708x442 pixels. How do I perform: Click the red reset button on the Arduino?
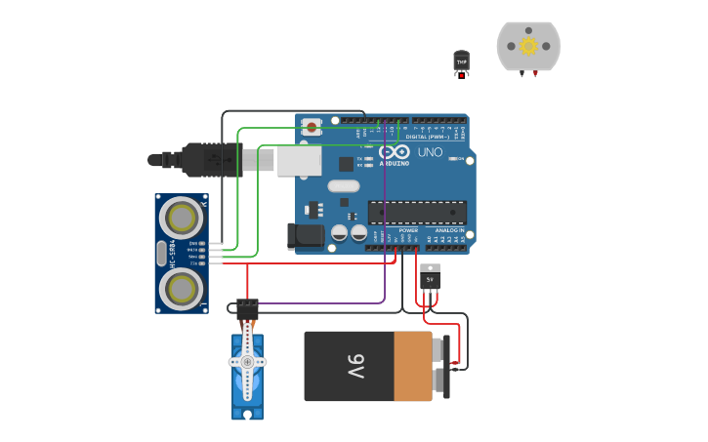(312, 126)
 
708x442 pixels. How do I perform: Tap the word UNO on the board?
(430, 152)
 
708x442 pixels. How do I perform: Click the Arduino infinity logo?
(395, 152)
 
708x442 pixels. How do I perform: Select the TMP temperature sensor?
(461, 61)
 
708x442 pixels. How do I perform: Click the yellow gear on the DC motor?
(528, 46)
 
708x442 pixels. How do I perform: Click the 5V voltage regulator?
(430, 277)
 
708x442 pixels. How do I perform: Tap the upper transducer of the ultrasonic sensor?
(181, 216)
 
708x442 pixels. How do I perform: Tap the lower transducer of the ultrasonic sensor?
(181, 288)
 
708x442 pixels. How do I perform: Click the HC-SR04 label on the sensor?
(173, 253)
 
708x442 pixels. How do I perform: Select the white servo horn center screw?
(247, 362)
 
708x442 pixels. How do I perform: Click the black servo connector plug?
(247, 306)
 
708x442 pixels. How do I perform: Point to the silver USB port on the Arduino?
(299, 161)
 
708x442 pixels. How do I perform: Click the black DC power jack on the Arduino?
(307, 236)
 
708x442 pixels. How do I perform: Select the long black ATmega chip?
(417, 211)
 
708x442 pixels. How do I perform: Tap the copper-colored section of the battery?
(412, 366)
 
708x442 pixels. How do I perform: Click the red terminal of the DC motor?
(535, 74)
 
